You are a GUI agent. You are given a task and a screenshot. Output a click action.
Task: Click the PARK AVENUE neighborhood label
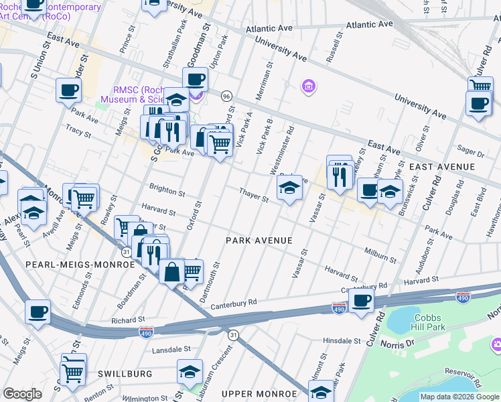point(259,240)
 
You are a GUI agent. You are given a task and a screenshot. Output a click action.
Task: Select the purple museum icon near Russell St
point(308,86)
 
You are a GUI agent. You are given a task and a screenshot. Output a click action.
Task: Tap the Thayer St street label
point(255,195)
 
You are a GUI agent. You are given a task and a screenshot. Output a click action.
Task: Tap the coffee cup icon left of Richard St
point(38,311)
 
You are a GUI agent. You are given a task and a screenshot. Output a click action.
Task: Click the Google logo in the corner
point(23,394)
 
